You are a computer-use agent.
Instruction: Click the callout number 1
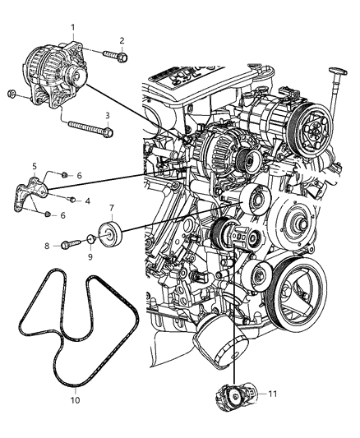[73, 27]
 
